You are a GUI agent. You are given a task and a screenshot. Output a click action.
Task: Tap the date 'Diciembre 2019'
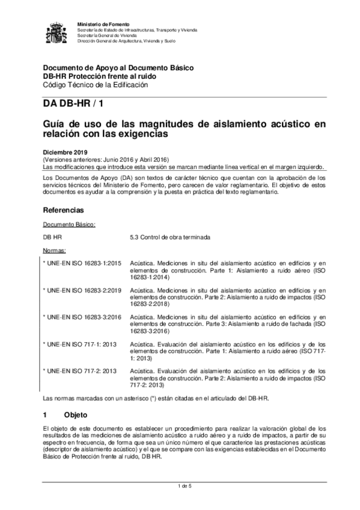point(64,153)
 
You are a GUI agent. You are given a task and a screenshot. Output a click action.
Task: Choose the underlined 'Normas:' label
point(55,250)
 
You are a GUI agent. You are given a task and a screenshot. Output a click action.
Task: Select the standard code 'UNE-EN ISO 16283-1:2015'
point(83,263)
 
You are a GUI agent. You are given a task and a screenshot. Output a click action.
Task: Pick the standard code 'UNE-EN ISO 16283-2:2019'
point(83,290)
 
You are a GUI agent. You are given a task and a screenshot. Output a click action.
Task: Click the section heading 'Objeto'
point(76,416)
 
